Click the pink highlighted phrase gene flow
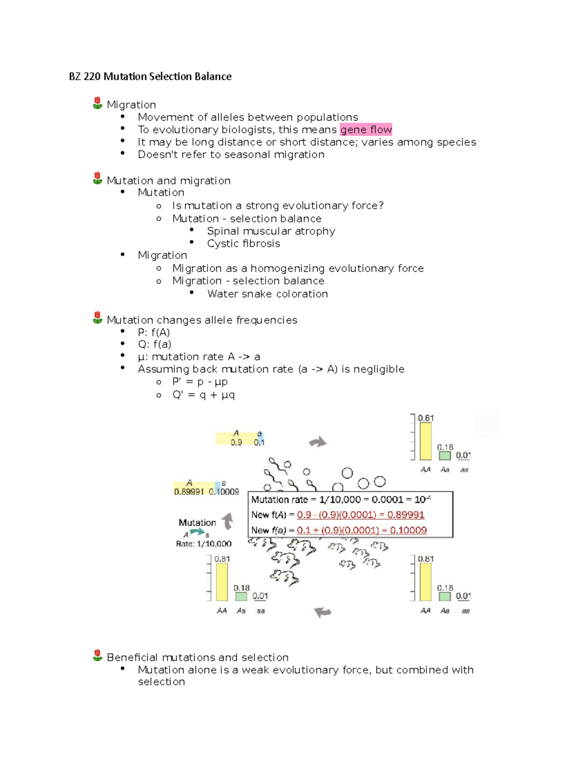point(366,130)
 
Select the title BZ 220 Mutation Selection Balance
point(150,76)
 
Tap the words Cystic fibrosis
point(243,243)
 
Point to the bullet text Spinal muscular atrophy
point(271,231)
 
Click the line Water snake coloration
point(267,294)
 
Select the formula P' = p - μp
point(200,382)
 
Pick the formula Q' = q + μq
point(203,394)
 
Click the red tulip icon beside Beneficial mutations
point(98,655)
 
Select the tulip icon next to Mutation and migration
point(98,178)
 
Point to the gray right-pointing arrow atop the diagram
point(318,442)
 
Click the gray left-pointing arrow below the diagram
point(322,611)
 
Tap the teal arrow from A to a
point(197,532)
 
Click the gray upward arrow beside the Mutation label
point(227,521)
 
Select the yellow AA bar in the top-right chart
point(426,441)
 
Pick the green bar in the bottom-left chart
point(241,596)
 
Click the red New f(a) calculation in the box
point(361,530)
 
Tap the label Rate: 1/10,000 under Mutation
point(203,543)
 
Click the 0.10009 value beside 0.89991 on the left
point(224,492)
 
